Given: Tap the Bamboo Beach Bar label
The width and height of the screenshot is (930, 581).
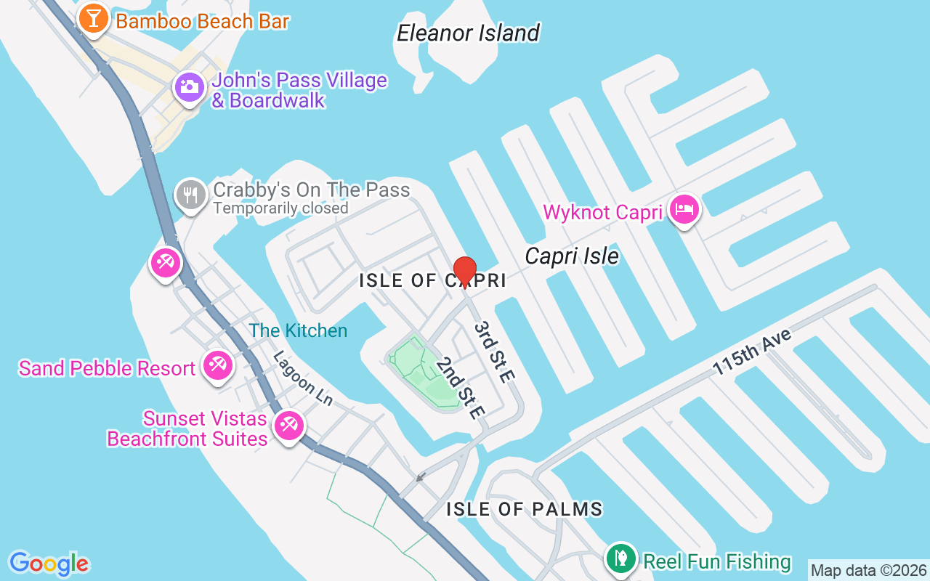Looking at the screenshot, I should [202, 21].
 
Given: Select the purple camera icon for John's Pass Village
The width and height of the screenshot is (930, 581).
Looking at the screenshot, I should [189, 88].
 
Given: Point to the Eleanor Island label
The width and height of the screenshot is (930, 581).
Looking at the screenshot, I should [468, 33].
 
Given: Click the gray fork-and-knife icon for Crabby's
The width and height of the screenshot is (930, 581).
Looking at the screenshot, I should [191, 195].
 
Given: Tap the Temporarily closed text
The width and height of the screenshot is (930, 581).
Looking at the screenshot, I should [280, 208].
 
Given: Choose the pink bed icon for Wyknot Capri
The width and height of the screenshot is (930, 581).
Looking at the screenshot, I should [684, 210].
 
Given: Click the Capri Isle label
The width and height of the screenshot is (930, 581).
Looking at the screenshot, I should [572, 256].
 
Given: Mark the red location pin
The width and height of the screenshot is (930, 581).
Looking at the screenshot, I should [464, 272].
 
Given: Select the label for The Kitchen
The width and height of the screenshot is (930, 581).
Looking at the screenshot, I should [298, 330].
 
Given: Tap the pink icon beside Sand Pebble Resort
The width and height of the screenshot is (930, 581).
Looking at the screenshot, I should [217, 365].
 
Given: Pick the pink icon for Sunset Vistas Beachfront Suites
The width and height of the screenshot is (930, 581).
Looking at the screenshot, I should [288, 426].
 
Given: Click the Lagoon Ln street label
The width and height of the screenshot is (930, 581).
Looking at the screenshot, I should [302, 378].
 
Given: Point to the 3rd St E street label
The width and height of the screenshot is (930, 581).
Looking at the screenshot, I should [494, 352].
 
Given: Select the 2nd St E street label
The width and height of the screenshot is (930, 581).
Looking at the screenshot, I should [460, 387].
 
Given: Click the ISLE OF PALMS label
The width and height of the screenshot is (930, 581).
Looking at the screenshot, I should [524, 509].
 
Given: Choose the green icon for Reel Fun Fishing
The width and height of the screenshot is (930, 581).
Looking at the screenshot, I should [620, 559].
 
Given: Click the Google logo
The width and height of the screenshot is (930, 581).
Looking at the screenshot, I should [49, 564].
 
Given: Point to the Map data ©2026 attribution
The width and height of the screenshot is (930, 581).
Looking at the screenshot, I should [868, 570].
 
